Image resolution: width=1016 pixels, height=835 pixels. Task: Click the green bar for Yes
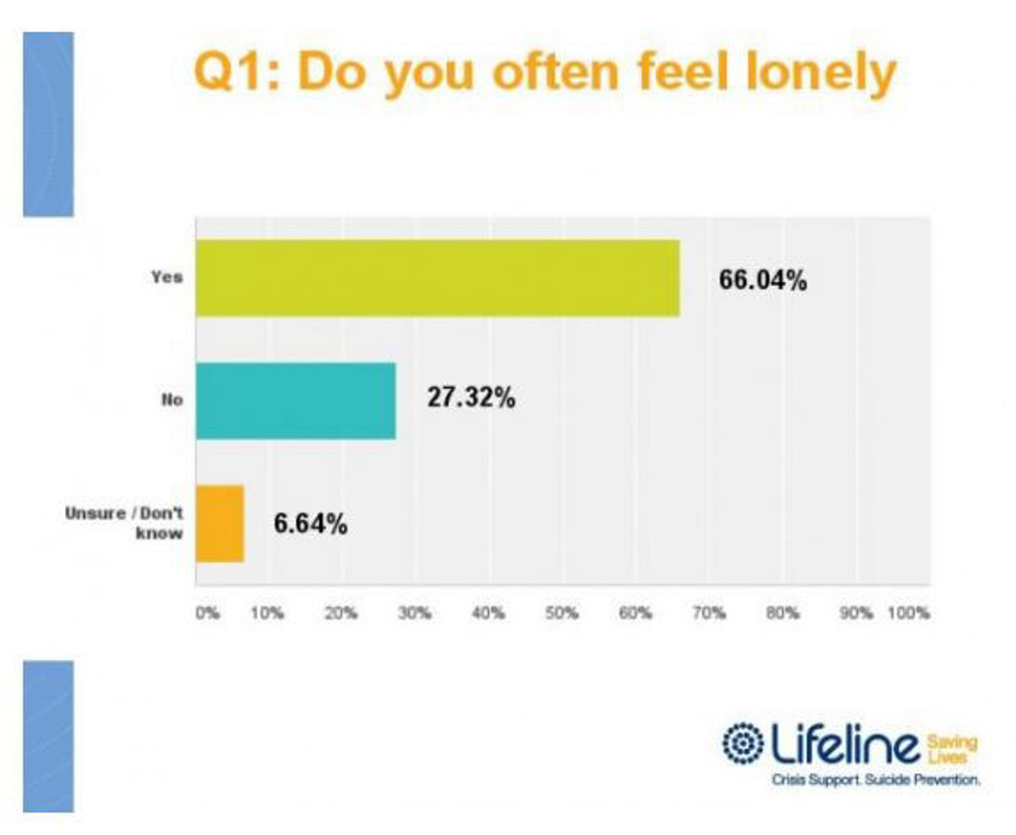[438, 279]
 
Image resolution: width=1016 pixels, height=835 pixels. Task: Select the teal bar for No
[296, 401]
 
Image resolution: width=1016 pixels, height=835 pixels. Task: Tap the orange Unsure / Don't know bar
[220, 523]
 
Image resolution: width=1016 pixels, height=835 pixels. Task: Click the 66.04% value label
[763, 280]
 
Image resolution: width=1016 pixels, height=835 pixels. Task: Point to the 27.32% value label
[471, 397]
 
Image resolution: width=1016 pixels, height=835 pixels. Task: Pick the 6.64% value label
[310, 523]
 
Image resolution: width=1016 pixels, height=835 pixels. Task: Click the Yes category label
[166, 277]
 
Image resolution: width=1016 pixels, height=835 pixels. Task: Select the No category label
[172, 400]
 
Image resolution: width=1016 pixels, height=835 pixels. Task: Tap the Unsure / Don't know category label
[124, 523]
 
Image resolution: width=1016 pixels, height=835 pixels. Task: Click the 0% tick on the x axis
[207, 613]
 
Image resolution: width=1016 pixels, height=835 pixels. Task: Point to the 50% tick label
[562, 613]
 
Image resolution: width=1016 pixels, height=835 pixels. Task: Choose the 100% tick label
[908, 613]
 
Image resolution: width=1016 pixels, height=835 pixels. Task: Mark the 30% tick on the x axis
[414, 613]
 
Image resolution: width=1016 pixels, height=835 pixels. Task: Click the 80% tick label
[782, 613]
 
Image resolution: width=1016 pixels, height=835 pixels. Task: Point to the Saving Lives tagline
[952, 748]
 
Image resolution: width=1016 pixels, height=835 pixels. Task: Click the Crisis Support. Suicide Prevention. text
[876, 780]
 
